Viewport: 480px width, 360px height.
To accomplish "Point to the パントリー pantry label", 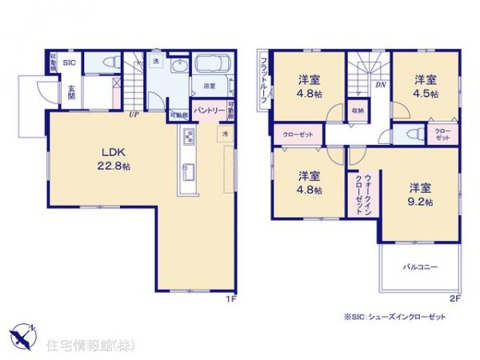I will point(206,113).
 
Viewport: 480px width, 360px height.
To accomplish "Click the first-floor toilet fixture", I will point(110,63).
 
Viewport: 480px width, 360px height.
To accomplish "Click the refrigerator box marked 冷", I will point(226,133).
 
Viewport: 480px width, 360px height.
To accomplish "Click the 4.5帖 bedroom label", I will point(425,86).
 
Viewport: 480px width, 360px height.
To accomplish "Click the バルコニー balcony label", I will point(420,266).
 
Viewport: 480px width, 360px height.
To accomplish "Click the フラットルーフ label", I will point(263,79).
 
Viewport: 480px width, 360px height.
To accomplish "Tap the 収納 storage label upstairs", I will point(358,111).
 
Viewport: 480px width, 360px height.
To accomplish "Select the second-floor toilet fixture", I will point(412,134).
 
